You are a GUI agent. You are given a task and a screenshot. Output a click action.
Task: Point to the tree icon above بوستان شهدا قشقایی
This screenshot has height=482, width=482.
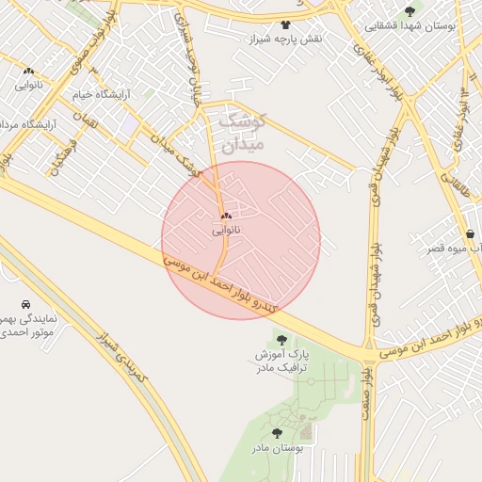pos(409,11)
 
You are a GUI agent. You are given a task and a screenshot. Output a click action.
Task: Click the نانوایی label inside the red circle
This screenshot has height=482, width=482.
pos(226,230)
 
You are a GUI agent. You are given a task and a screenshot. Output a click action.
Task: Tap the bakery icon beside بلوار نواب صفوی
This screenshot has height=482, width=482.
pos(28,71)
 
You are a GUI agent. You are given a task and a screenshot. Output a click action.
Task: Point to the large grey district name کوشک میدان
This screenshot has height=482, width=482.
pos(243,132)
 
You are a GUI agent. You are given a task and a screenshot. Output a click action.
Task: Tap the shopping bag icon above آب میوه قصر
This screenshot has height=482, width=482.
pos(470,233)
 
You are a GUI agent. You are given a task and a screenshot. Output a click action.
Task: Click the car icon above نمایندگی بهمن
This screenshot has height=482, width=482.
pos(25,305)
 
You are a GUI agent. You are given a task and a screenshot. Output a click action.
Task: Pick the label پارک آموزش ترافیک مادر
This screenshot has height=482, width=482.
pos(280,360)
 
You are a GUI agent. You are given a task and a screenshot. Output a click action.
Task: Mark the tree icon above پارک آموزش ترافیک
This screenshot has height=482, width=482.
pos(281,338)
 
